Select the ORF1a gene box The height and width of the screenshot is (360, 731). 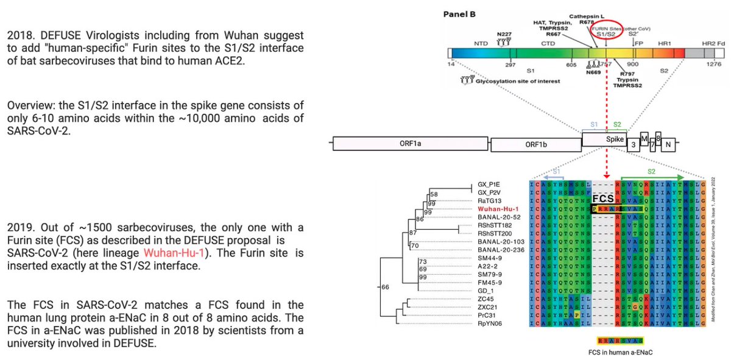coord(408,144)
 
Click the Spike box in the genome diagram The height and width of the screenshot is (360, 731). coord(611,139)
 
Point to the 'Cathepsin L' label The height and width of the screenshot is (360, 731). coord(587,16)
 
